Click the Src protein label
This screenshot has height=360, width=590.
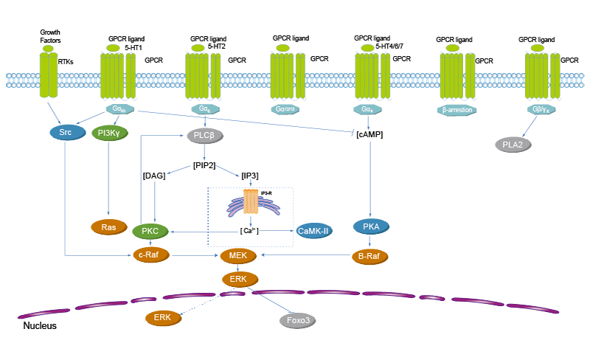tap(65, 133)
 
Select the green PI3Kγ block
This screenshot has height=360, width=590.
tap(109, 133)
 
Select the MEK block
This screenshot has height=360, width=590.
tap(237, 255)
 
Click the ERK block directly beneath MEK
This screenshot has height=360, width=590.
tap(237, 278)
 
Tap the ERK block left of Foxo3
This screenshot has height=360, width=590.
tap(162, 316)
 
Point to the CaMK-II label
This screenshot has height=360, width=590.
tap(313, 231)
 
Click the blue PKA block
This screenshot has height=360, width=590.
tap(371, 226)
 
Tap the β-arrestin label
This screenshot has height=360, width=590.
tap(457, 110)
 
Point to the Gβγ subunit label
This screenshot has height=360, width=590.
tap(543, 110)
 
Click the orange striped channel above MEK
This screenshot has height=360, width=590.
tap(251, 200)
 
